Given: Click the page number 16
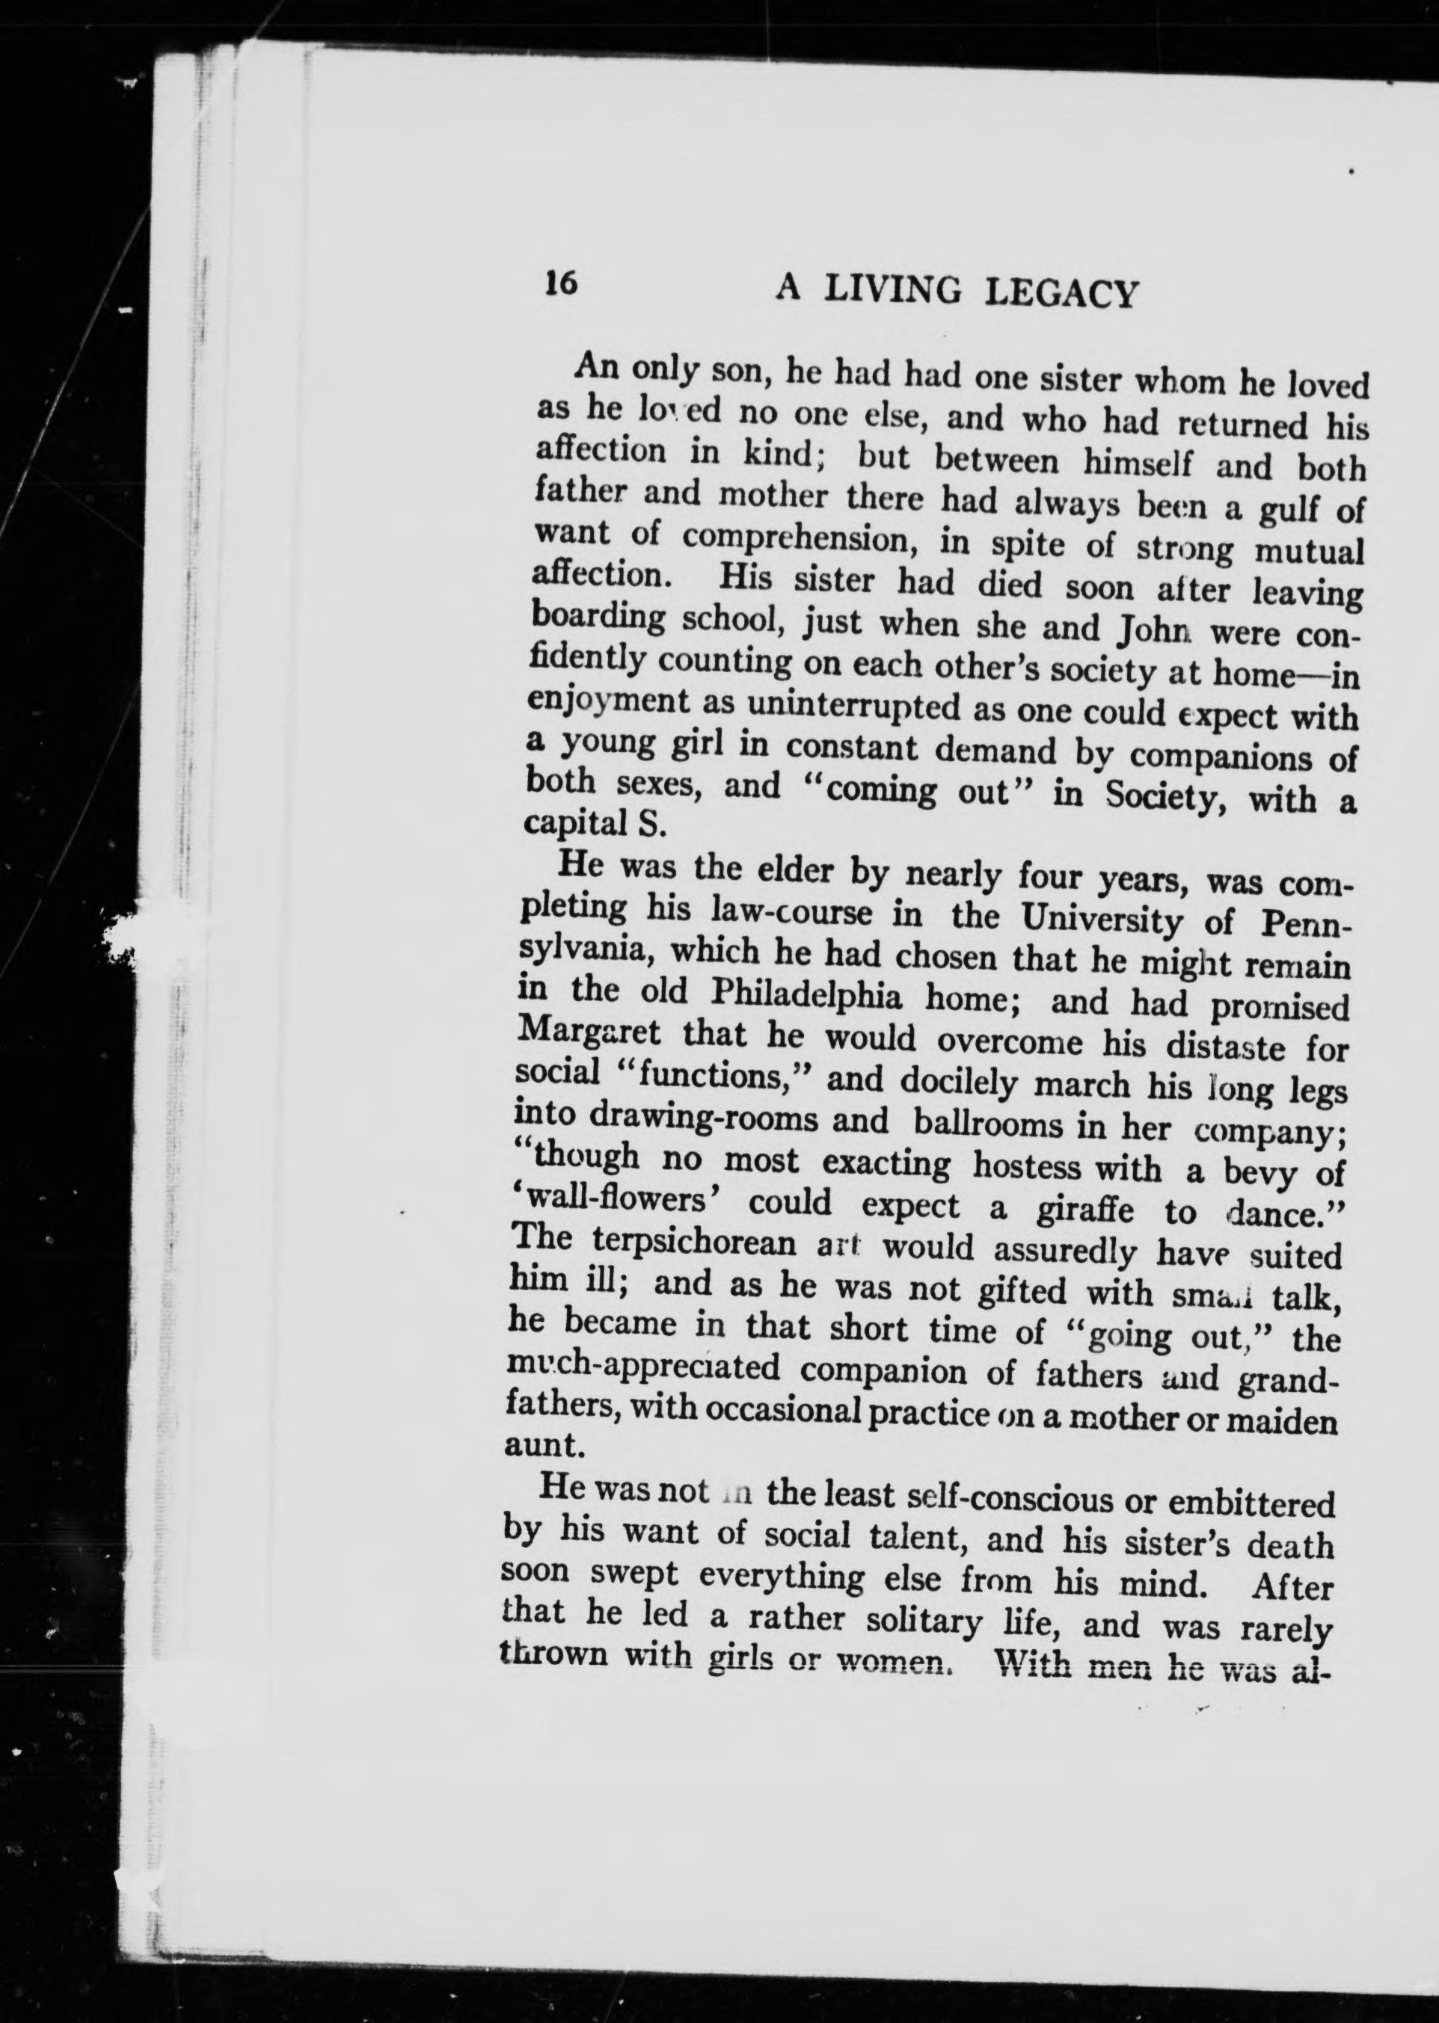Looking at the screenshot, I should (561, 283).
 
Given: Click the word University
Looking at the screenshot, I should (1102, 920).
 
